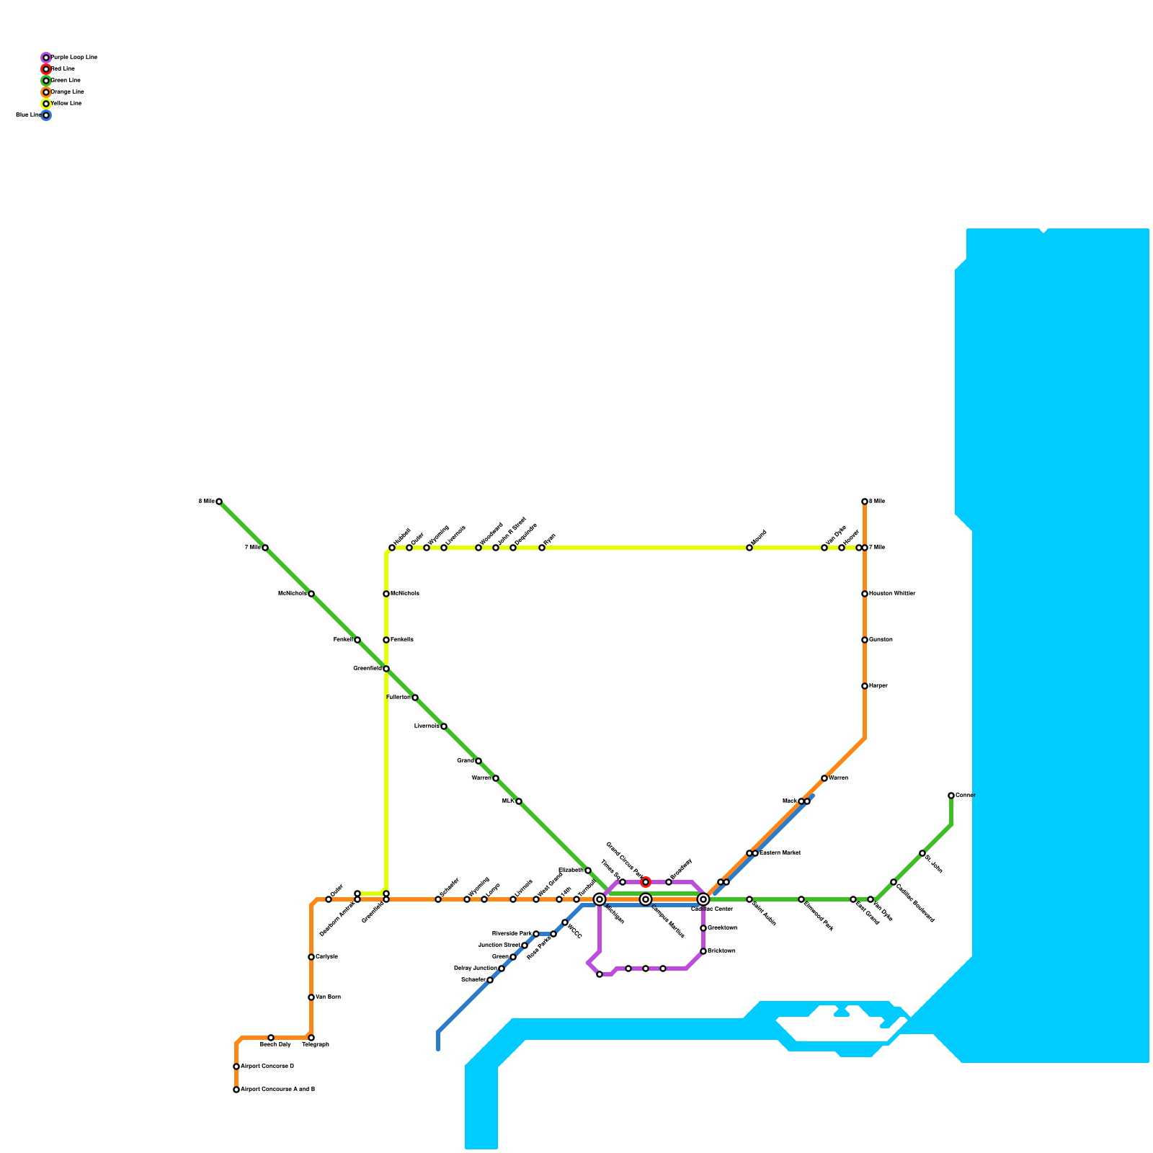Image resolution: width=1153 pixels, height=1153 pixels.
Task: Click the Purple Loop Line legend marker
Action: pos(46,58)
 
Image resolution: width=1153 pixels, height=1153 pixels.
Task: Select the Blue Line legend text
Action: pos(29,115)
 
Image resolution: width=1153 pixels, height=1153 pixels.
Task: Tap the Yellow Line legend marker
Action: pos(46,104)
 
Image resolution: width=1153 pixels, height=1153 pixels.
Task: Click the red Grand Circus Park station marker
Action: pos(646,882)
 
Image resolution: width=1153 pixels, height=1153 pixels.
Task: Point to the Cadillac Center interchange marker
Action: pos(703,899)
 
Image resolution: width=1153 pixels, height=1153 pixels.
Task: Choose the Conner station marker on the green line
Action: pos(951,796)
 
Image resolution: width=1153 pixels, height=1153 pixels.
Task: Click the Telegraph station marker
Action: pos(311,1038)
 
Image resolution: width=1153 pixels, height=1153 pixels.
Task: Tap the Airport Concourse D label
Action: pos(267,1067)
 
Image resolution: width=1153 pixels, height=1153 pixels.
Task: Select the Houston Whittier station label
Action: pos(892,594)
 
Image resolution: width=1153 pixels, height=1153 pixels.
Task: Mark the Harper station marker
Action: pos(865,686)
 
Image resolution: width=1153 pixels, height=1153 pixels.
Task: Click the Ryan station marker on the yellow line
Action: pos(542,548)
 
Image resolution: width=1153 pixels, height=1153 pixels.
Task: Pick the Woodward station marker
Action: pos(478,548)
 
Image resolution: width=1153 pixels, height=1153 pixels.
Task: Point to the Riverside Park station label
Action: pos(511,934)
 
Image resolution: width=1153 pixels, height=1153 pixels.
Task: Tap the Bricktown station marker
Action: pos(703,951)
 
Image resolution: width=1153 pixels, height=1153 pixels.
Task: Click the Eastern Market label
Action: pos(780,853)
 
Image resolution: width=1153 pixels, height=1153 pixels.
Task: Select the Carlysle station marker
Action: pos(311,957)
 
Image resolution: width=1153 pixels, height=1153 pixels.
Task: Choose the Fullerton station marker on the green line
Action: pos(415,698)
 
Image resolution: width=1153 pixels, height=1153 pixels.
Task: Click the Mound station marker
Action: pos(749,548)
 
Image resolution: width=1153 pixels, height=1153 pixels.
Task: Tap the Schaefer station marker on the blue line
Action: pos(490,980)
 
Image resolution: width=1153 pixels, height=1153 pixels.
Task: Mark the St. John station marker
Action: pos(922,853)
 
